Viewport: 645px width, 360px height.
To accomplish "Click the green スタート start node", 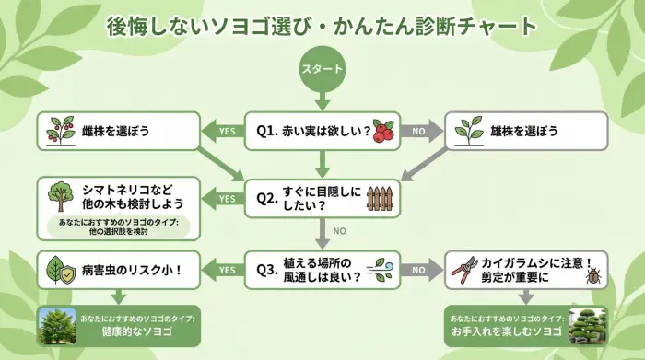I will click(x=322, y=69).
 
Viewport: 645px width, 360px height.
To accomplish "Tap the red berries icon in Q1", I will click(x=383, y=132).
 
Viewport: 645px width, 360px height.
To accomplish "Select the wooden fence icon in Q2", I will click(x=381, y=198).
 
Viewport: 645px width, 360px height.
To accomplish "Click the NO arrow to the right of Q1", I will click(x=421, y=132).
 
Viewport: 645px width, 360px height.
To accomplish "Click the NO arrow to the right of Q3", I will click(x=421, y=269).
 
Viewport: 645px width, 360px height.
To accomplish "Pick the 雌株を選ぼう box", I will click(x=118, y=132).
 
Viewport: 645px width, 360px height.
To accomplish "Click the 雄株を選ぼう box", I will click(x=526, y=132).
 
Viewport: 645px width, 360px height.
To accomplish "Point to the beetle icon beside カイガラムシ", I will click(x=593, y=276).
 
